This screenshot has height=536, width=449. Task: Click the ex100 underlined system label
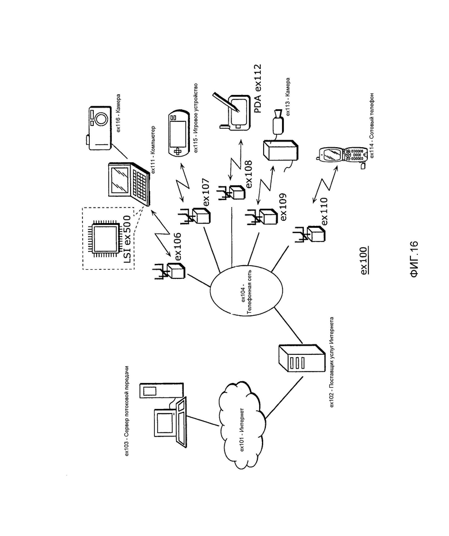tap(363, 260)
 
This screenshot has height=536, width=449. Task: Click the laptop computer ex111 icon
tap(129, 183)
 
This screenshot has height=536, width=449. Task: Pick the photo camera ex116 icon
tap(98, 128)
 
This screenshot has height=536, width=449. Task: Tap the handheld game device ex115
tap(178, 133)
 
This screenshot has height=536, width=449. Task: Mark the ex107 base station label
tap(206, 193)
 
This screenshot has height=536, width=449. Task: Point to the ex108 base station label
tap(249, 174)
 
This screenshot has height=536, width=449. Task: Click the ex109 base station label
tap(283, 207)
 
